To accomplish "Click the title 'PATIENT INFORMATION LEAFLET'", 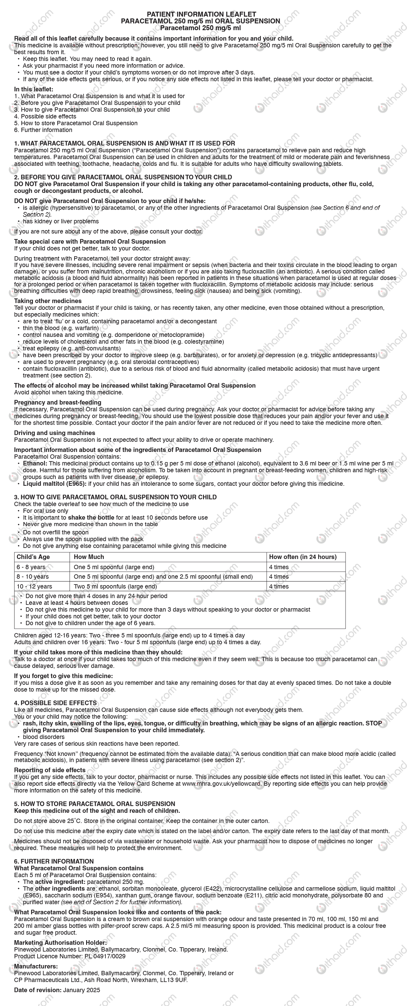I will pos(201,14).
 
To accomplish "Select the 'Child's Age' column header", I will pos(33,557).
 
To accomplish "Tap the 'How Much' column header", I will pos(89,557).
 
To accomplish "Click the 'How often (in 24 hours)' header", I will pos(302,557).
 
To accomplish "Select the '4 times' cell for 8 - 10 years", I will pos(278,577).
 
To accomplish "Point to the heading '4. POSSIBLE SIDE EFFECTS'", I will pos(55,703).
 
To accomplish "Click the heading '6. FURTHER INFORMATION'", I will pos(54,861).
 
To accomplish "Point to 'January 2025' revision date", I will pos(81,990).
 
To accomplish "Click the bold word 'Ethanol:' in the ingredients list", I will pos(35,464).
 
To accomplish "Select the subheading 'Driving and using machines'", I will pos(55,433).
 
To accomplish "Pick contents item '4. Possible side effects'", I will pos(45,116).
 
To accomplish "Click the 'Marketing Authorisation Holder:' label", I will pos(60,943).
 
